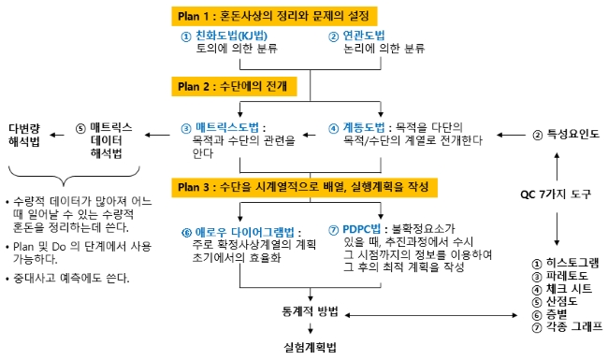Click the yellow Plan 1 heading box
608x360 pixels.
point(274,16)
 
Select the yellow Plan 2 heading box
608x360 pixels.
point(234,86)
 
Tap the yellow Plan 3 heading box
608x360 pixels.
point(305,188)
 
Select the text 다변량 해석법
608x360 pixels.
point(24,135)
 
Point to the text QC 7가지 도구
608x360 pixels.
point(556,194)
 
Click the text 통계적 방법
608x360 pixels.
point(311,311)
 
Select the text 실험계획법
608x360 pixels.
point(311,347)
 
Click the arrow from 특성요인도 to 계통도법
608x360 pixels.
point(511,136)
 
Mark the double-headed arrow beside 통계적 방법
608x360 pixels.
point(431,315)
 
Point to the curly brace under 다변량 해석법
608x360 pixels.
point(74,177)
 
